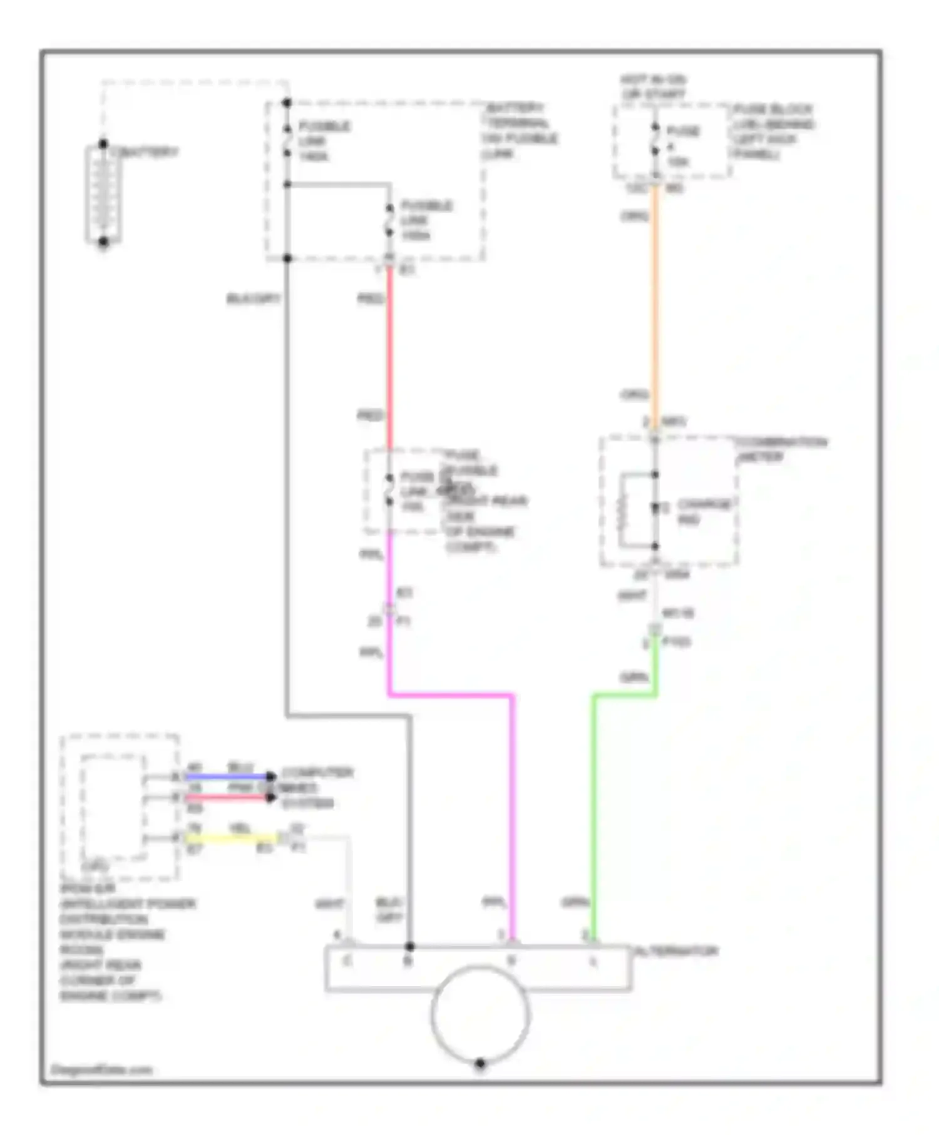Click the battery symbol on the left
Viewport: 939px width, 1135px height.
tap(103, 194)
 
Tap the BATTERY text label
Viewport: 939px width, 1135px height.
tap(145, 152)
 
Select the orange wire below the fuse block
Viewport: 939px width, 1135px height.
tap(655, 300)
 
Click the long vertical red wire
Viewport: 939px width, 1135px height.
tap(389, 357)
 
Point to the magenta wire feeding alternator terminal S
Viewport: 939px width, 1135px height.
tap(512, 813)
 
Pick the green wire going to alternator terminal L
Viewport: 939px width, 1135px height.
tap(593, 813)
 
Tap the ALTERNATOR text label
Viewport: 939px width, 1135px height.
tap(677, 951)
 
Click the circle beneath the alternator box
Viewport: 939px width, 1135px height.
tap(480, 1014)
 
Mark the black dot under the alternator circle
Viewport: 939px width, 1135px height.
tap(480, 1063)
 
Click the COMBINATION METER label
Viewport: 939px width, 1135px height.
tap(782, 449)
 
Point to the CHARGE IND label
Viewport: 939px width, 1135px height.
tap(704, 511)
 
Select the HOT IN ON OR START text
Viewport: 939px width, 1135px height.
tap(654, 87)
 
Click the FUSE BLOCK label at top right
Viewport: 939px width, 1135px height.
tap(774, 131)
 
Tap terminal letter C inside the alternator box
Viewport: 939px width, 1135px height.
tap(347, 961)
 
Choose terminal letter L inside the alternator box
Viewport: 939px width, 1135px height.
tap(593, 961)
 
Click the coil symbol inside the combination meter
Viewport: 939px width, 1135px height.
tap(622, 510)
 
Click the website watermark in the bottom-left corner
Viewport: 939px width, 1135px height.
tap(101, 1069)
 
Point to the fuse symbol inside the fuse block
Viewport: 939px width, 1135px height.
tap(655, 141)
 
